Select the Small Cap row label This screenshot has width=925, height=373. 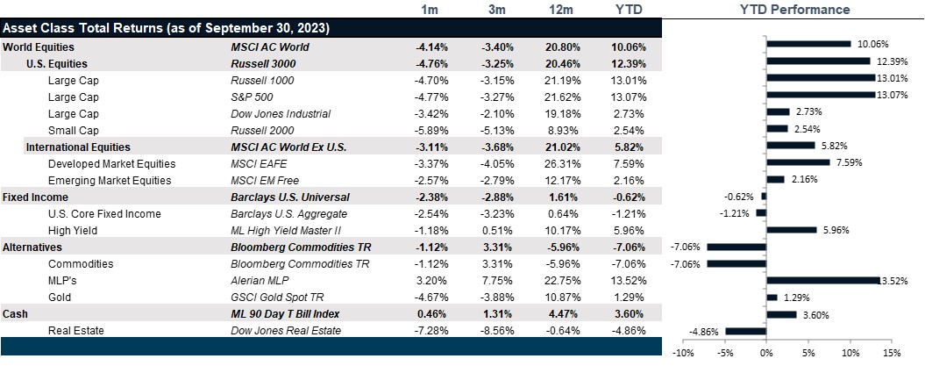(74, 130)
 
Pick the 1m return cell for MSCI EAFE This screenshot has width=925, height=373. (430, 163)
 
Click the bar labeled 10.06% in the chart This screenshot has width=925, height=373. (808, 43)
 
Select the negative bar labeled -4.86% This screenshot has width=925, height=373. (745, 331)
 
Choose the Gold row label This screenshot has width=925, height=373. (60, 298)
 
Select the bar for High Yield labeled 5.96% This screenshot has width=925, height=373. (791, 230)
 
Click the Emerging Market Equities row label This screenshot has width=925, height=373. (110, 180)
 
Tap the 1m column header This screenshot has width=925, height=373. (430, 10)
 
